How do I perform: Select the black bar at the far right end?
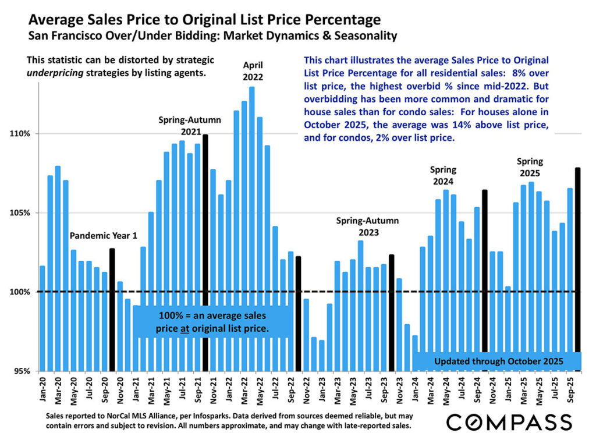(578, 268)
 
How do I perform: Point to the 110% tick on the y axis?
(21, 134)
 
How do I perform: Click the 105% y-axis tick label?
(21, 213)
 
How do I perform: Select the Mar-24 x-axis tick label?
(431, 391)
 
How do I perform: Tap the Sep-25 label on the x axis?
(570, 391)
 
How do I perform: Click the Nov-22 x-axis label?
(307, 391)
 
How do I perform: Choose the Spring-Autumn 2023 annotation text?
(368, 226)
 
